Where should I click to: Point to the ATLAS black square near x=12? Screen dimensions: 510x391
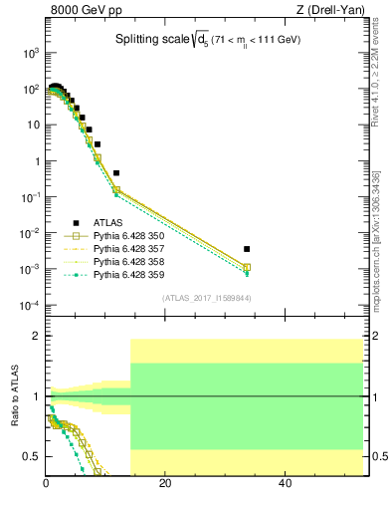[116, 173]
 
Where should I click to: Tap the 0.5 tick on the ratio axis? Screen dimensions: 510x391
[33, 456]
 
